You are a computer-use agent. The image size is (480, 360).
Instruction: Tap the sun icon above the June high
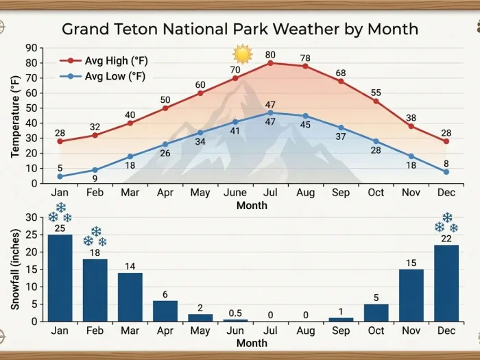click(x=242, y=54)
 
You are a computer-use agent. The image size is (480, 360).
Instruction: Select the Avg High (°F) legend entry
click(x=115, y=60)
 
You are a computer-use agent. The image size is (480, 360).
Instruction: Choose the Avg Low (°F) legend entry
click(x=114, y=76)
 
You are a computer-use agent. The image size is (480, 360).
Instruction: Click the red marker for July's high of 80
click(x=270, y=63)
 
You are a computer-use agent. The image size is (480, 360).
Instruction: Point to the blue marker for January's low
click(x=60, y=176)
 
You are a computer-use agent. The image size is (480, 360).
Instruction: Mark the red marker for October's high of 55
click(x=376, y=101)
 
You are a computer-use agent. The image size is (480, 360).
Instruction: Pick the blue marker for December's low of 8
click(x=446, y=171)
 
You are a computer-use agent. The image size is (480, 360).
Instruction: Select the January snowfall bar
click(x=60, y=278)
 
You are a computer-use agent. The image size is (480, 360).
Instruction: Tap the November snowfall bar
click(x=411, y=295)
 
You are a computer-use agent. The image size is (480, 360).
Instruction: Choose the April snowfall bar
click(x=165, y=311)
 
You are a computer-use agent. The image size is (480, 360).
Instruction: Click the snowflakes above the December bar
click(x=446, y=223)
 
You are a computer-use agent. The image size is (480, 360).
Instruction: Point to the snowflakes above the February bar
click(x=95, y=237)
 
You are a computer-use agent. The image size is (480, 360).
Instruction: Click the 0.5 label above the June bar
click(x=235, y=312)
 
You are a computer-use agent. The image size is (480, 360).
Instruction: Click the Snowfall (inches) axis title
click(x=15, y=269)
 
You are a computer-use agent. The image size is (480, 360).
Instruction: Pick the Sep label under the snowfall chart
click(x=341, y=330)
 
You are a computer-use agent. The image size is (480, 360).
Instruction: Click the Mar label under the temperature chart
click(x=130, y=193)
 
